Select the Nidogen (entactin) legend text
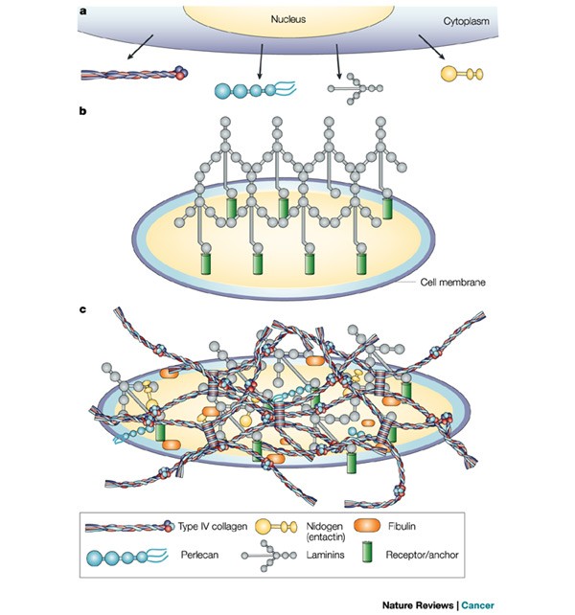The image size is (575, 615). [343, 533]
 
